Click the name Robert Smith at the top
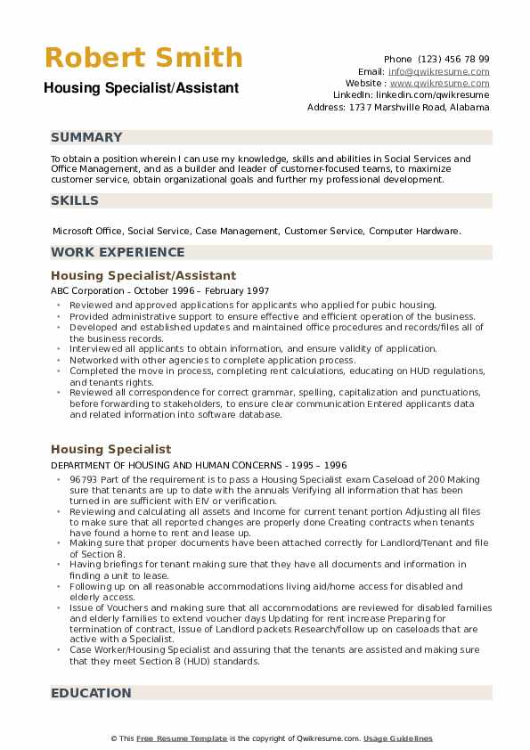pos(143,58)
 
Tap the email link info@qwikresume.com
pos(438,71)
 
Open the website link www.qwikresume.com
pos(440,83)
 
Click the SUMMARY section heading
pos(86,137)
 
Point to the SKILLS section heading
pos(75,200)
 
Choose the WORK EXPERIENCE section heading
pos(118,252)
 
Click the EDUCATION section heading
pos(91,693)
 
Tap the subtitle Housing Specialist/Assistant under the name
pos(141,87)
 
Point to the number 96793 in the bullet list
pos(85,479)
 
